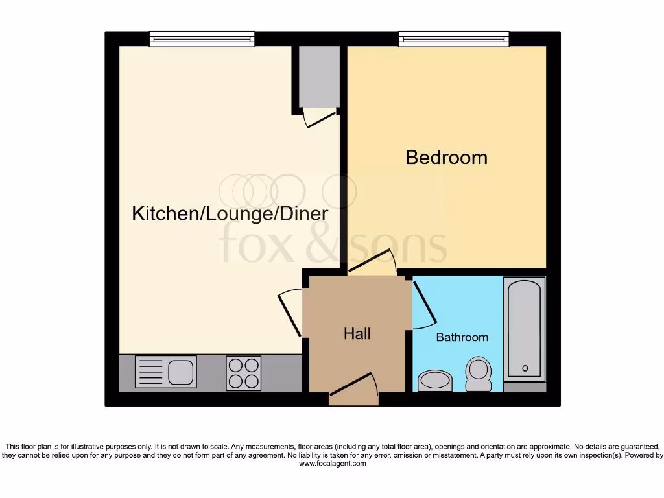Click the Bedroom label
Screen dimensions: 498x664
pyautogui.click(x=446, y=158)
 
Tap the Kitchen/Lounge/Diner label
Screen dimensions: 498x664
pyautogui.click(x=230, y=213)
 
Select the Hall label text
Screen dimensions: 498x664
pyautogui.click(x=357, y=334)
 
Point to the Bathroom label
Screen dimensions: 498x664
pyautogui.click(x=462, y=337)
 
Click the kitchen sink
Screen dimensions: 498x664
pyautogui.click(x=165, y=372)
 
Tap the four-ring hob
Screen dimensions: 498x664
pyautogui.click(x=243, y=373)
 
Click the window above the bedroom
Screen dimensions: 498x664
pyautogui.click(x=454, y=39)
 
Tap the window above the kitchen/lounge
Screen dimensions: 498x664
pyautogui.click(x=201, y=39)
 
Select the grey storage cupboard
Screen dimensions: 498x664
pyautogui.click(x=318, y=75)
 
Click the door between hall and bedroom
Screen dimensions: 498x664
pyautogui.click(x=372, y=262)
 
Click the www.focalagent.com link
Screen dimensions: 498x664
pyautogui.click(x=332, y=464)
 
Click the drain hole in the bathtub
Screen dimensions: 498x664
pyautogui.click(x=525, y=369)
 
